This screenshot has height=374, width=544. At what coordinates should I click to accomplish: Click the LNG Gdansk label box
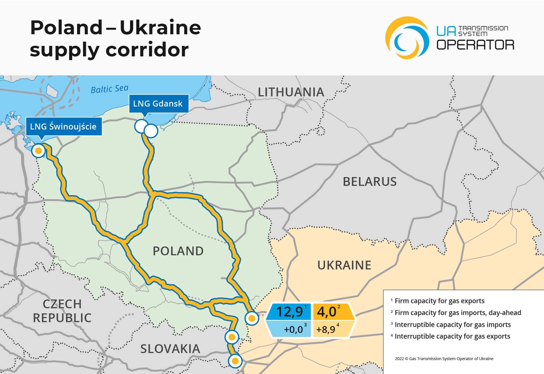158,104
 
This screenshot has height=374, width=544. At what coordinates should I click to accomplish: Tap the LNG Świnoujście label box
63,126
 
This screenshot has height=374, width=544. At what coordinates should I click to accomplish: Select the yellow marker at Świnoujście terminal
38,151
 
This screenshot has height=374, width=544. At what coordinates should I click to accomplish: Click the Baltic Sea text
109,89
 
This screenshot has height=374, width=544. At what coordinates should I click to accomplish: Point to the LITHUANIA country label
291,92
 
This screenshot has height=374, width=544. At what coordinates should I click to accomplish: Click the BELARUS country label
369,182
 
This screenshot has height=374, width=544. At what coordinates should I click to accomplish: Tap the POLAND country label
178,251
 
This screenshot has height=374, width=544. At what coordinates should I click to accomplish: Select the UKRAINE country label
344,265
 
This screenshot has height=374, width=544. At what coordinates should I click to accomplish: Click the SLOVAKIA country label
170,349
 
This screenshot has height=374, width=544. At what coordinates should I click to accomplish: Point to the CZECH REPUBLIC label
62,311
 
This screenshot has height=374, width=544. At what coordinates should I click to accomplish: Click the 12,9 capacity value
289,312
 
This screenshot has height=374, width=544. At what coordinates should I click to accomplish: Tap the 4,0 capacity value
327,312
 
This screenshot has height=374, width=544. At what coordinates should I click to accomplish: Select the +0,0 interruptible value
293,330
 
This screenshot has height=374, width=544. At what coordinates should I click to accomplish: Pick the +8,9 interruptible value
326,330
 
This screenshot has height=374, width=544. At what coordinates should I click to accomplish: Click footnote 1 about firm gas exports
439,301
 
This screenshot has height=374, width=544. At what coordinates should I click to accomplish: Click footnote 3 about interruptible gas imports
452,325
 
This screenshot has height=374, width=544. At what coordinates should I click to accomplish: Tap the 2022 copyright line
444,359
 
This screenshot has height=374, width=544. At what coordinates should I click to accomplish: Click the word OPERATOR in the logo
475,45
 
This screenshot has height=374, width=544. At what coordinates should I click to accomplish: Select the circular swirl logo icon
407,38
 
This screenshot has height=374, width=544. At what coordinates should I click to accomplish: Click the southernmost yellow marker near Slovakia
235,361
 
